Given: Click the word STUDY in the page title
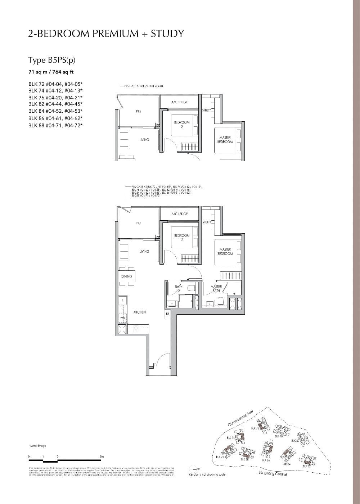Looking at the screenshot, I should (x=167, y=33).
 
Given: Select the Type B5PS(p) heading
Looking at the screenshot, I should (x=52, y=60).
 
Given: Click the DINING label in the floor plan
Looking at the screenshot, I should (x=126, y=276).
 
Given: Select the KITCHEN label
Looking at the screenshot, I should (x=139, y=312).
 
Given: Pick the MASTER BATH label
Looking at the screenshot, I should (x=216, y=288).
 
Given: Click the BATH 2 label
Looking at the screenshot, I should (x=179, y=288).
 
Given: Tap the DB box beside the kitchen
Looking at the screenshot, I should (x=168, y=314).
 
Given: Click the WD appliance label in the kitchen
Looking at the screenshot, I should (x=122, y=318).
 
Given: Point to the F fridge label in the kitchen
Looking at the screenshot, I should (x=122, y=300).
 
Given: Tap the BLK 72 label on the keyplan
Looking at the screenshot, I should (x=220, y=457).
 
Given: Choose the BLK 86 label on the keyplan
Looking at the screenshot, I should (x=266, y=460).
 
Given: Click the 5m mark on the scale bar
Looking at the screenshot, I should (x=102, y=456).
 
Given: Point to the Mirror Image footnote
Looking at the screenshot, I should (x=37, y=446).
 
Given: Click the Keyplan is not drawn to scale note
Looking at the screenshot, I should (x=207, y=474).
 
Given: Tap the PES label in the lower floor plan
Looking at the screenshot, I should (x=139, y=223).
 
